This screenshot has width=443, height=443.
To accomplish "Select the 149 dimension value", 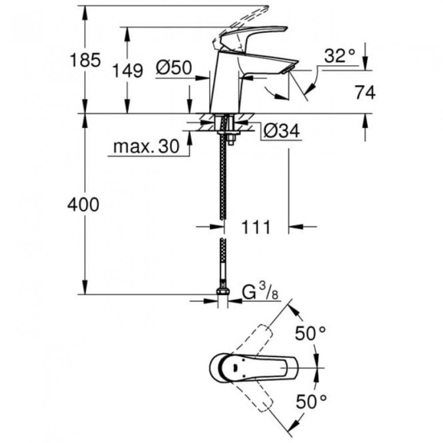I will tap(127, 70).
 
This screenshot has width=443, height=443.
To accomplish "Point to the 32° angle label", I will tap(340, 56).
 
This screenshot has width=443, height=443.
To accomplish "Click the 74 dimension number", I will tap(365, 93).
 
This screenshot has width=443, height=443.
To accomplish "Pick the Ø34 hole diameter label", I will tap(281, 131).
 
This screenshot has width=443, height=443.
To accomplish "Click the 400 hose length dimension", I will tap(83, 205).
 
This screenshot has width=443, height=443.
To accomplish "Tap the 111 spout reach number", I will tap(256, 227).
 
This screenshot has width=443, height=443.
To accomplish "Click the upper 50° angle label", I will tap(310, 333).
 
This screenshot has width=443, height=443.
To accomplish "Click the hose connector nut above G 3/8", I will tap(223, 292).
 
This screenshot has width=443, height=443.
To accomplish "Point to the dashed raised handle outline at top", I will tap(239, 20).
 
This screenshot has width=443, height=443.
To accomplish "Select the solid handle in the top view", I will tap(257, 367).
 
